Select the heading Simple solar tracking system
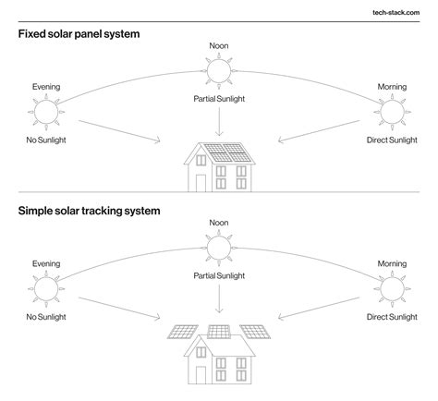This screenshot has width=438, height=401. tap(89, 211)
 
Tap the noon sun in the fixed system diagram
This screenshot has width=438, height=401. tap(219, 69)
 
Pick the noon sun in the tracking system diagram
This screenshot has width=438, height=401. tap(219, 247)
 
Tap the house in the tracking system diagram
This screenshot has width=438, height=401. tap(219, 356)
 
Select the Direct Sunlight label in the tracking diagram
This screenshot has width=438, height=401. tap(393, 316)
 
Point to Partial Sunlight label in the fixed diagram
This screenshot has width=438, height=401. tap(219, 97)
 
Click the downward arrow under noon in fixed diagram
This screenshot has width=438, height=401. tap(219, 121)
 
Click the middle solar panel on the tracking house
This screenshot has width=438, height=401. tap(219, 331)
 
